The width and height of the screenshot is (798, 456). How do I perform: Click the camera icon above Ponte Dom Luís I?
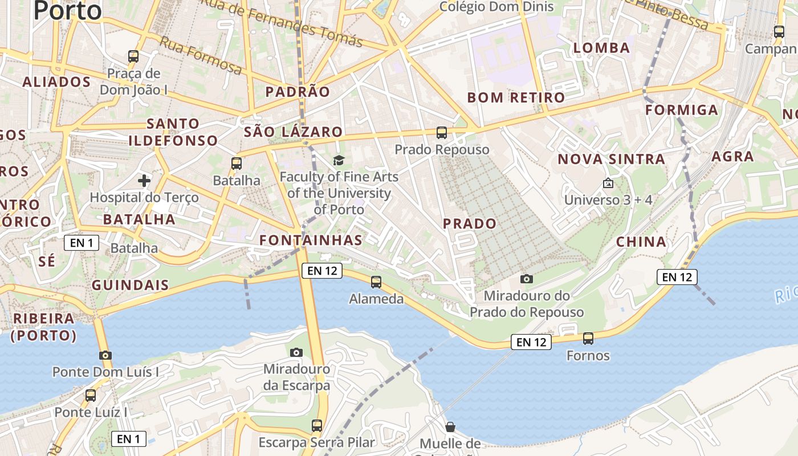[105, 355]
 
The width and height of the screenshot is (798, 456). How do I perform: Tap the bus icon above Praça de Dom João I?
[133, 56]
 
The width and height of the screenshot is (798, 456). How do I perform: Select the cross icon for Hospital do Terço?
[144, 181]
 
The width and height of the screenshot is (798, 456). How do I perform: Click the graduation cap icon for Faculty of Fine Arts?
[339, 160]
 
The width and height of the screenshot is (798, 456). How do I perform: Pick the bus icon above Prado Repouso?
[441, 133]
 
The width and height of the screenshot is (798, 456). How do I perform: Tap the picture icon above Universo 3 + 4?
[608, 183]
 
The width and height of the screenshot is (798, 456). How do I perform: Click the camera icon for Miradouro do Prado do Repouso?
[527, 279]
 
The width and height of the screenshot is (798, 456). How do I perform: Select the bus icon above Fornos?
[588, 339]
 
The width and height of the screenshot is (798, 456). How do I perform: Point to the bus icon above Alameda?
[376, 282]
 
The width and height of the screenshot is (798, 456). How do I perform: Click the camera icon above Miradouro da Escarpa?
[296, 352]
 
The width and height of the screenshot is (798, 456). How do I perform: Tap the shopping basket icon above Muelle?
[450, 427]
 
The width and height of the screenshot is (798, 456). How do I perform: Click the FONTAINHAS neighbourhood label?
[311, 240]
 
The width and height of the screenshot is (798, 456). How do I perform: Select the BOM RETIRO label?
[516, 97]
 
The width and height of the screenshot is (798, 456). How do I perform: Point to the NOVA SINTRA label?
[611, 159]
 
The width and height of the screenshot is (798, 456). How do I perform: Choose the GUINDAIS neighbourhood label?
[130, 285]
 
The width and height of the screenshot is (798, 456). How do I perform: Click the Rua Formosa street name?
[200, 55]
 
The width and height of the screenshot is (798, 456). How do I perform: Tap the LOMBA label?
[601, 48]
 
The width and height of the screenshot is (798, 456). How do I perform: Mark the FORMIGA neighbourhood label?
[682, 110]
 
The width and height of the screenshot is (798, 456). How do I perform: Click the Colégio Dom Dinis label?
[497, 7]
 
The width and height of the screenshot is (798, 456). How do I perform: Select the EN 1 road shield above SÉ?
[82, 243]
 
